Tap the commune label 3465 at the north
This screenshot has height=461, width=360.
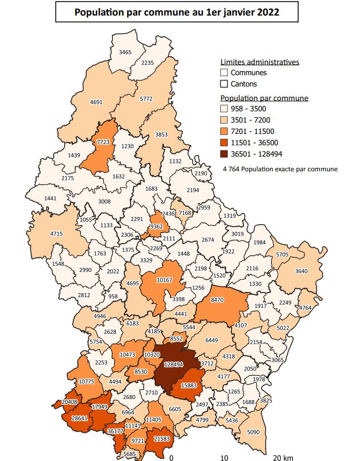tap(125, 52)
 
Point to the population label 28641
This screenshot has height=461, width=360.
tap(79, 419)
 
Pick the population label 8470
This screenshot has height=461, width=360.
tap(217, 301)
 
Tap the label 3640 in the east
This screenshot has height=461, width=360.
tap(301, 271)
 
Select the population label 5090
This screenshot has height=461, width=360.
tap(253, 432)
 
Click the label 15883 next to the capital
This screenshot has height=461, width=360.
tap(189, 385)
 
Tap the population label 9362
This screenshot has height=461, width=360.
tap(157, 226)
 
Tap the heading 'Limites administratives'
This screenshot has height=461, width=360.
tap(260, 62)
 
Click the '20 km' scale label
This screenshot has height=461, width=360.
tap(283, 457)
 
